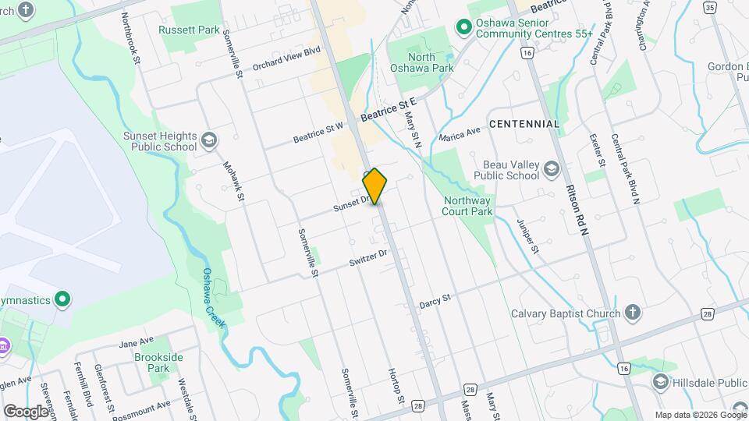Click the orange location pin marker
point(375,186)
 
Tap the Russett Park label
point(188,30)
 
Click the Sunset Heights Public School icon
point(208,140)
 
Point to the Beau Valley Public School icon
point(552,170)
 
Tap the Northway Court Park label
point(467,205)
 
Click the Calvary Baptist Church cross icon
point(633,313)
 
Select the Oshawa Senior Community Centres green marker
point(463,27)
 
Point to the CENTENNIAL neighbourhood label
point(524,124)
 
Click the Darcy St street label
point(435,300)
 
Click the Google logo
point(26,411)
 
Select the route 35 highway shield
point(709,7)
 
